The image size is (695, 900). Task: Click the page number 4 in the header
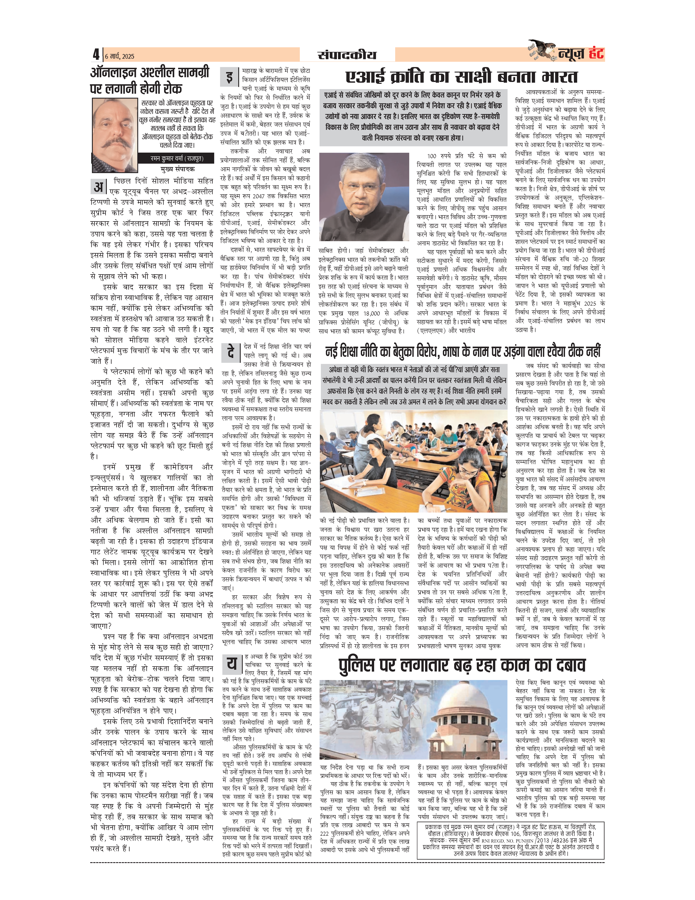pos(96,54)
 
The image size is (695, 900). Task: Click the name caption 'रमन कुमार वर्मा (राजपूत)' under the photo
pos(177,158)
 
